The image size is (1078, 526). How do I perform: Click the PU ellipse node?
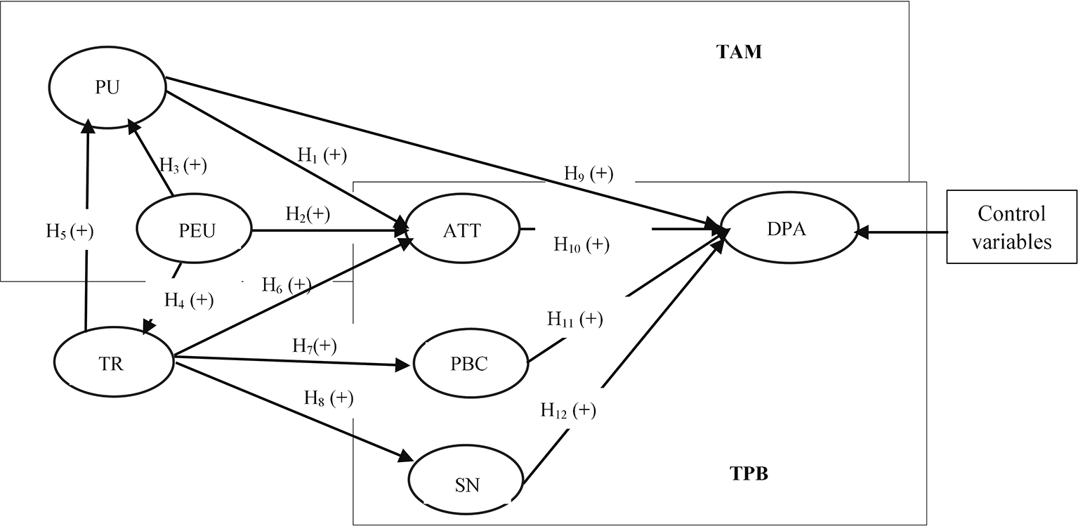(107, 87)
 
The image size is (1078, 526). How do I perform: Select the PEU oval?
(193, 230)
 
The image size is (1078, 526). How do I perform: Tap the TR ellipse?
(113, 364)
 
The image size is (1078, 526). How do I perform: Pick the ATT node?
(461, 230)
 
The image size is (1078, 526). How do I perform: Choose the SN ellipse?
(468, 483)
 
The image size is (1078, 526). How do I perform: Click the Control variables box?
(1011, 227)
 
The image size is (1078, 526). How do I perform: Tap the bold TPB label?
(747, 474)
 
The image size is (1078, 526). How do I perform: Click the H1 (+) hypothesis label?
(322, 156)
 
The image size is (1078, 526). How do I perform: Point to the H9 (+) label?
(589, 173)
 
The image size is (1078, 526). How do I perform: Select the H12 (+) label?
(568, 410)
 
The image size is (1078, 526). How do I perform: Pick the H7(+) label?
(314, 346)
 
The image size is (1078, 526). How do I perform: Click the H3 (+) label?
(183, 166)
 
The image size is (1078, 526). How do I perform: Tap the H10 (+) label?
(581, 245)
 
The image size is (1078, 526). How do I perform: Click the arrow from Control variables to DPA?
(901, 230)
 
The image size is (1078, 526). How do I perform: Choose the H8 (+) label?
(328, 398)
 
